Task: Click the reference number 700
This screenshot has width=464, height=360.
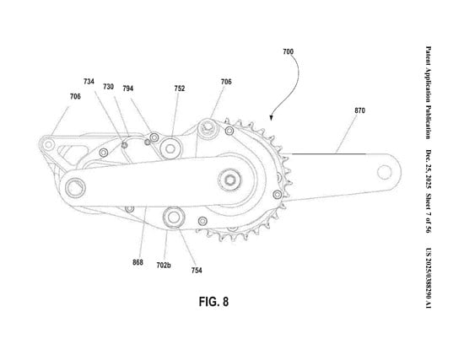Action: (288, 53)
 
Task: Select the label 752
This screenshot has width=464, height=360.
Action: (180, 88)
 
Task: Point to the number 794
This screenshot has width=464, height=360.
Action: (152, 88)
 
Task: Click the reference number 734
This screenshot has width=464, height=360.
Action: (89, 82)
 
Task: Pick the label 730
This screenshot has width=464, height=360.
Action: (109, 87)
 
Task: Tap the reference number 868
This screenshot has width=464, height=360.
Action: (138, 262)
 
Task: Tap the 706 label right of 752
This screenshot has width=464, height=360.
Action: (226, 82)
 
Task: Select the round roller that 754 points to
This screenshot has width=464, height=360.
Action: (175, 217)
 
